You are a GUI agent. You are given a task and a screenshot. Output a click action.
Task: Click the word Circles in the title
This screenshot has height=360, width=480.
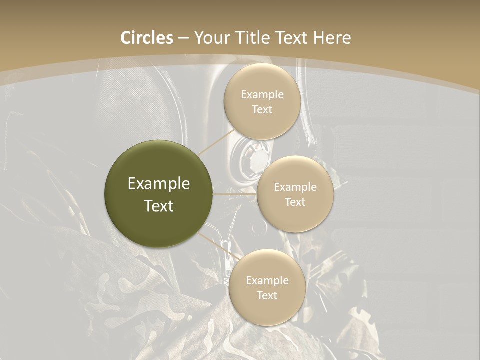click(147, 38)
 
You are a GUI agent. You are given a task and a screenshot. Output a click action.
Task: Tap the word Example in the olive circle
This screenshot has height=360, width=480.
click(159, 184)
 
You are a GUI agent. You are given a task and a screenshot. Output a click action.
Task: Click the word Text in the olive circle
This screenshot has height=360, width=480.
click(159, 206)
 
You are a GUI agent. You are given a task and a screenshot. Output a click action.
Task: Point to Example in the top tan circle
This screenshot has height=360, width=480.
click(262, 95)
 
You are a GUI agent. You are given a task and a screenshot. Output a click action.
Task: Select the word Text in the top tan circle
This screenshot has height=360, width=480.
click(262, 110)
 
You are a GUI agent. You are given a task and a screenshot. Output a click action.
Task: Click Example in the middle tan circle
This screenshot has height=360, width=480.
click(295, 187)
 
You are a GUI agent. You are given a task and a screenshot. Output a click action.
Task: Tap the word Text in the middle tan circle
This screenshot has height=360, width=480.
click(295, 202)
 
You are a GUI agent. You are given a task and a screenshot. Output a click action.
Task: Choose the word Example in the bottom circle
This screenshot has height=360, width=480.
click(267, 281)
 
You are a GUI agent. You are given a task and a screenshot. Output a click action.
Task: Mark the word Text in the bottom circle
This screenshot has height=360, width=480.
click(267, 296)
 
